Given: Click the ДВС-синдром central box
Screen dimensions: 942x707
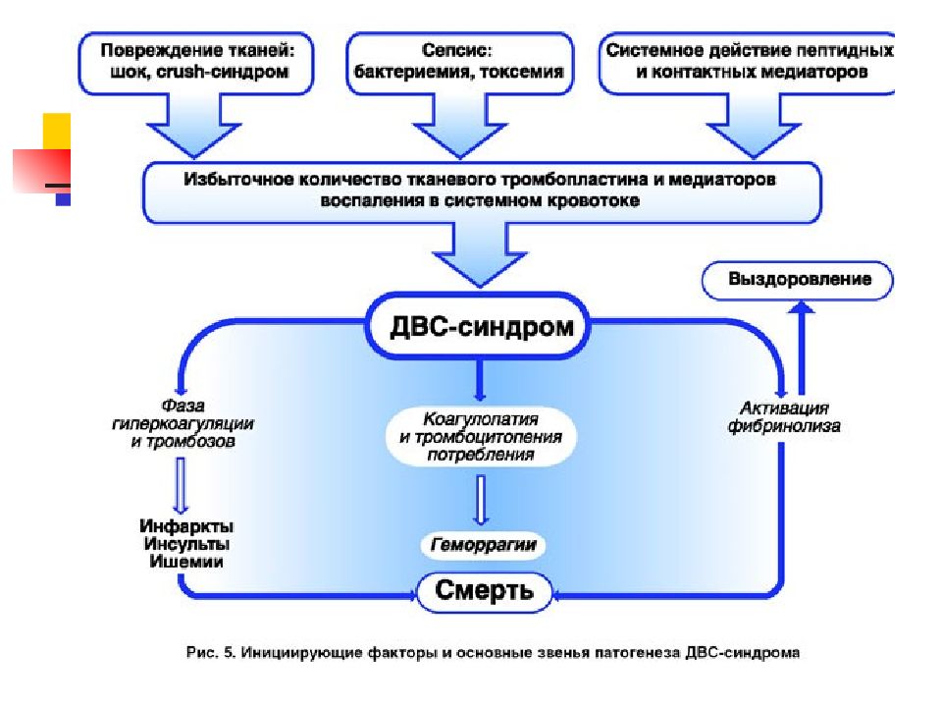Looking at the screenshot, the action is coord(479,326).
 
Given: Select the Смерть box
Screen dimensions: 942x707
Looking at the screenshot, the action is coord(484,591).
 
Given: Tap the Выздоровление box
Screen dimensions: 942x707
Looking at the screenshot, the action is coord(798,280).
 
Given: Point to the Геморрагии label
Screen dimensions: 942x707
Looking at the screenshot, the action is coord(483,545).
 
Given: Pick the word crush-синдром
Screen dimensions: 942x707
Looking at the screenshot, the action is coord(223,72).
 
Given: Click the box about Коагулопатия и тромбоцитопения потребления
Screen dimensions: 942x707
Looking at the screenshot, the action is coord(481,437).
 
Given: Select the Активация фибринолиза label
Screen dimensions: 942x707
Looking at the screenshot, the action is coord(784,417).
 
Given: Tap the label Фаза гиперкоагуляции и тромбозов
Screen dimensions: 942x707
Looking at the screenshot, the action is coord(183,424).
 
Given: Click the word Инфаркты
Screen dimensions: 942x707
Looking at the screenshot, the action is coord(186,526).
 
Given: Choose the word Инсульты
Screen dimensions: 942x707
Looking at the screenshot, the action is coord(186,544).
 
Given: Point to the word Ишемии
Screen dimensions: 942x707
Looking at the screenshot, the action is coord(186,562).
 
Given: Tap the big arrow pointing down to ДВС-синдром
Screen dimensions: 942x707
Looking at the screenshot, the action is coord(480,254).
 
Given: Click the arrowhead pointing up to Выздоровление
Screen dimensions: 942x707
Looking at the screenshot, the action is coord(801,308).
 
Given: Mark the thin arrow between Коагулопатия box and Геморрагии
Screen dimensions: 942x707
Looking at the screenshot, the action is coord(481,500).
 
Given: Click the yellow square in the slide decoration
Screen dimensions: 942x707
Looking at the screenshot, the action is coord(57,131).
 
